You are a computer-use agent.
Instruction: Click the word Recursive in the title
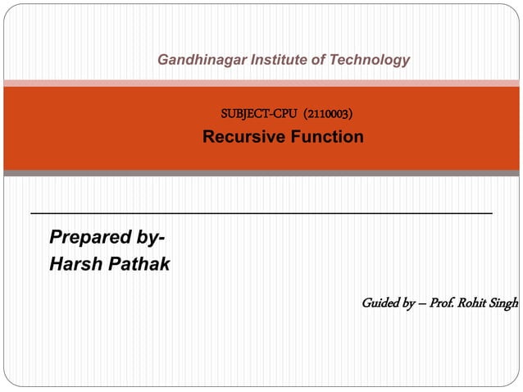click(x=242, y=137)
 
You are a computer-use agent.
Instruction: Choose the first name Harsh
click(x=74, y=264)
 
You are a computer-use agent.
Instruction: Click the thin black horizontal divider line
click(x=261, y=213)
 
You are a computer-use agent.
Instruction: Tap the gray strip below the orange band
click(x=261, y=173)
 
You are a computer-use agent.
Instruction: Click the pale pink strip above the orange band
click(x=261, y=83)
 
